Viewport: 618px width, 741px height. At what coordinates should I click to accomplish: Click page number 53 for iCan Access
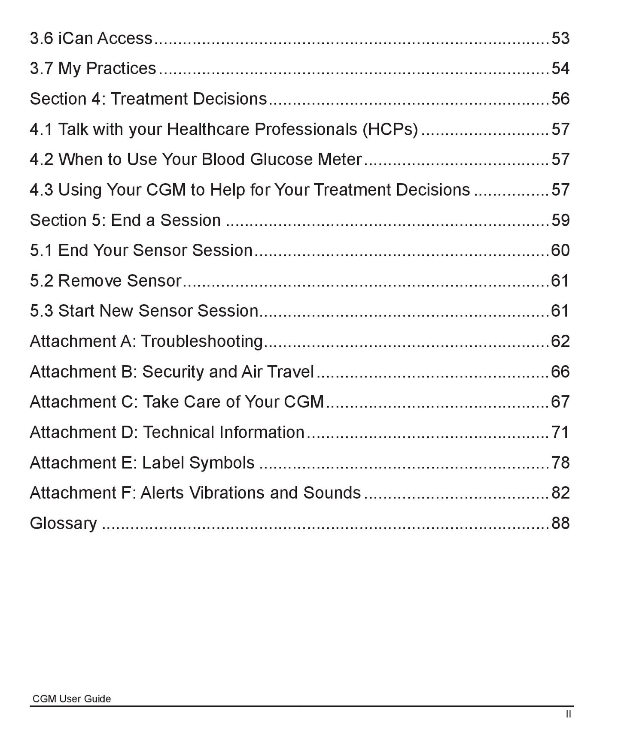pos(560,38)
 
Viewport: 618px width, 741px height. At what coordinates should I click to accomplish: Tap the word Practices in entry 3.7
pos(121,69)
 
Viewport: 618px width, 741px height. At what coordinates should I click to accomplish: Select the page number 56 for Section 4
pos(560,99)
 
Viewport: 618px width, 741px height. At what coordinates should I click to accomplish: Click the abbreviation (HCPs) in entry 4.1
pos(390,129)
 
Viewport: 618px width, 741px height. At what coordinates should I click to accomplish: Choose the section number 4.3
pos(41,190)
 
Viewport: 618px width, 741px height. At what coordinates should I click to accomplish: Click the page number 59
pos(560,220)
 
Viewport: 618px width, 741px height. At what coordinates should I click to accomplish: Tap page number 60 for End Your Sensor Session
pos(560,250)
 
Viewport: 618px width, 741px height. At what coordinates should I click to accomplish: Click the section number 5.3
pos(41,311)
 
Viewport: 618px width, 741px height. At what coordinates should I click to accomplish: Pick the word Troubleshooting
pos(202,342)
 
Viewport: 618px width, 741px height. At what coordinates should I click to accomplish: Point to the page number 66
pos(560,372)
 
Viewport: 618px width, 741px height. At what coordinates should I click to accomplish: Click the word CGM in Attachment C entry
pos(304,402)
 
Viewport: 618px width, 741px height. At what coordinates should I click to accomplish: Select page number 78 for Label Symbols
pos(560,463)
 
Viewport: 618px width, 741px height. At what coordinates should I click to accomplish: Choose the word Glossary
pos(63,523)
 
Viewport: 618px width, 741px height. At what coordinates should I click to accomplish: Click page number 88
pos(560,523)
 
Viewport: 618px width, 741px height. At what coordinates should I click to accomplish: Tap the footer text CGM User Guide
pos(72,699)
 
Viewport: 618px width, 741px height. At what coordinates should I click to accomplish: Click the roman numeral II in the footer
pos(568,714)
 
